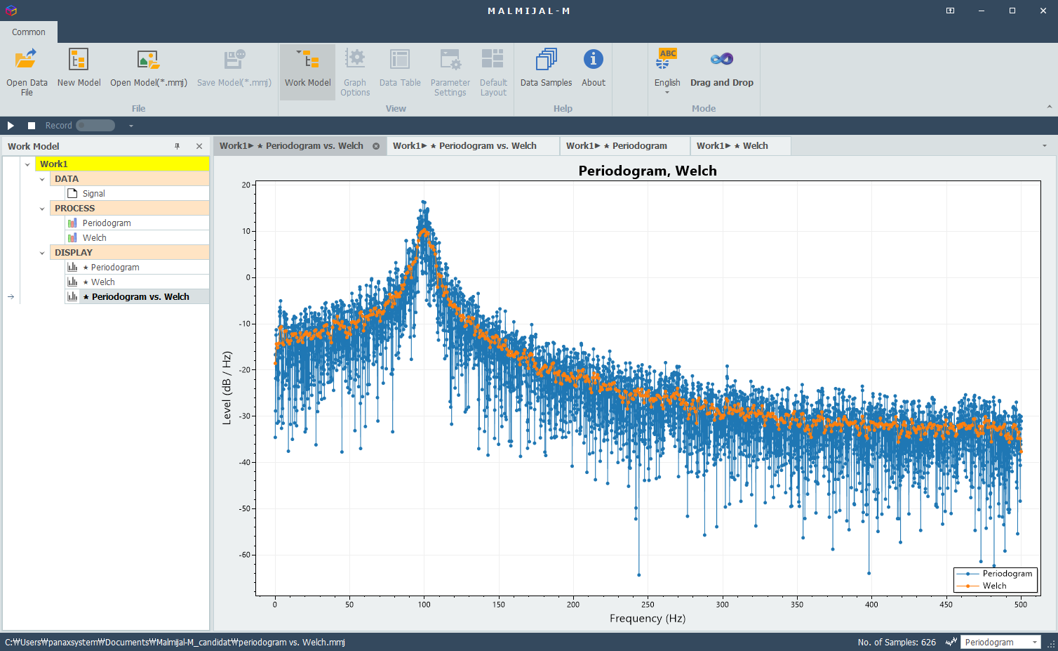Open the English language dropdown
667,73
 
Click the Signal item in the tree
93,194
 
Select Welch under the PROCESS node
94,238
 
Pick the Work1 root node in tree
54,164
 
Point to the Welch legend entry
994,586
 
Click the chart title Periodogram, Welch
647,171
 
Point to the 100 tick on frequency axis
424,604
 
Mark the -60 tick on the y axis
245,555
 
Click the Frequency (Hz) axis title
647,618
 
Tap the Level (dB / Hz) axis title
227,388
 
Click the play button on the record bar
11,126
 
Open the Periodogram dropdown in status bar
1000,642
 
